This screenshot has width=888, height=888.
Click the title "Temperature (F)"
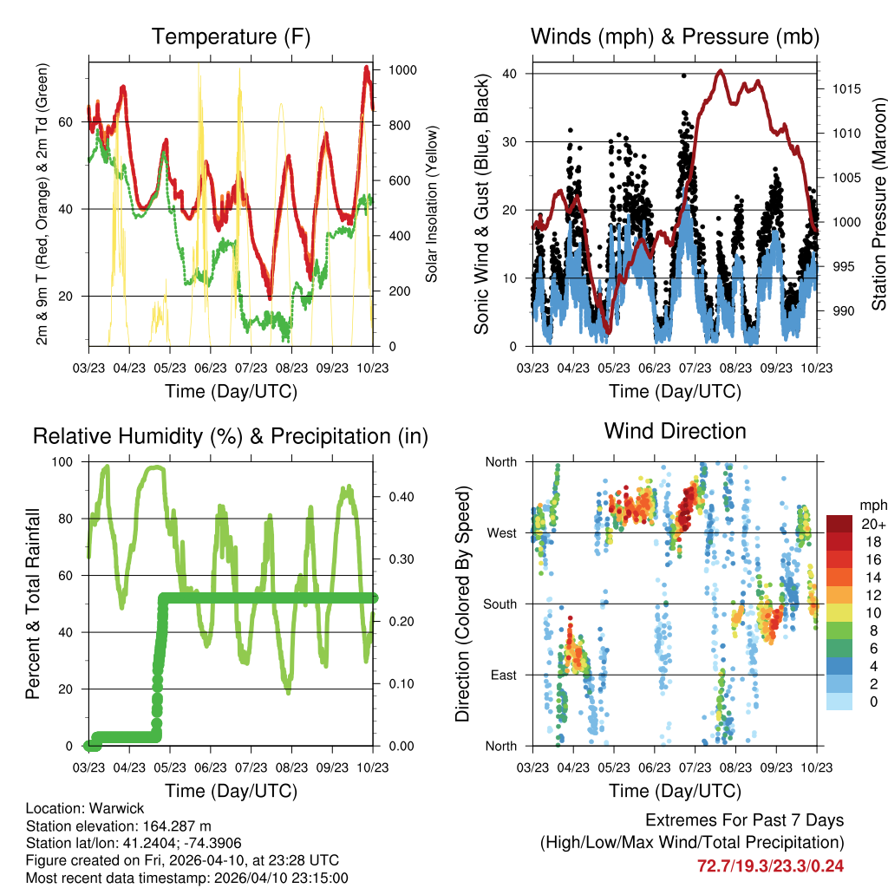[x=230, y=37]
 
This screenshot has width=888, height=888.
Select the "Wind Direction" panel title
[x=675, y=431]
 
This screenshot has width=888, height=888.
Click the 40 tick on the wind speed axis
[x=510, y=74]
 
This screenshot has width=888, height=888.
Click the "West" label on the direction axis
[x=500, y=532]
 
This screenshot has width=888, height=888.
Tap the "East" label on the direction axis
[x=502, y=675]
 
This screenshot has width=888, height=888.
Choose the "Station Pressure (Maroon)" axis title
[x=878, y=204]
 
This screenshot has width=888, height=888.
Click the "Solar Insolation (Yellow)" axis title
[x=431, y=204]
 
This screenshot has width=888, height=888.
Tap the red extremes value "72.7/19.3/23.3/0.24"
[x=770, y=865]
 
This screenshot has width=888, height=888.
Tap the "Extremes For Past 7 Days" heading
[x=744, y=820]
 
